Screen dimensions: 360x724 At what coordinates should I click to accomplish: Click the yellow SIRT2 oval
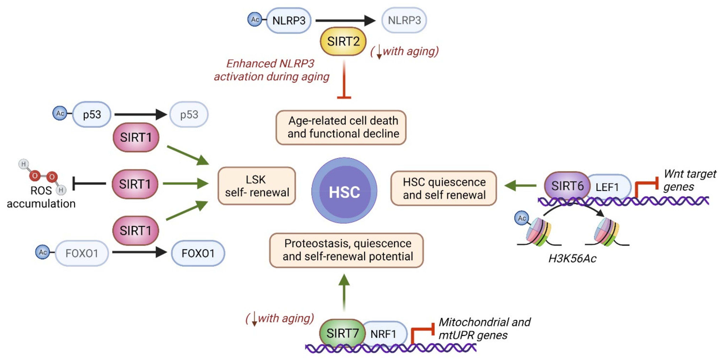coord(343,41)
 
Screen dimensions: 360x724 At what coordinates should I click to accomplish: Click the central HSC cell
coord(344,191)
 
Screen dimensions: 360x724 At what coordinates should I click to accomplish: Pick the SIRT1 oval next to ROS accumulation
coord(135,184)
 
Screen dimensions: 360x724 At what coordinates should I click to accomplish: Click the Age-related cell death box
coord(341,127)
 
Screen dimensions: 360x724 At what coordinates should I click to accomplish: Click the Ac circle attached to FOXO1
coord(42,252)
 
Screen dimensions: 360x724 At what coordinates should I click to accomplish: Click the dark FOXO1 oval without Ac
coord(198,253)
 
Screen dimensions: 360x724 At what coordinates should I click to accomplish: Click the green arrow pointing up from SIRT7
coord(344,292)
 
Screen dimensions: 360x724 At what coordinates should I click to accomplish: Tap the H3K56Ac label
coord(572,258)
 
